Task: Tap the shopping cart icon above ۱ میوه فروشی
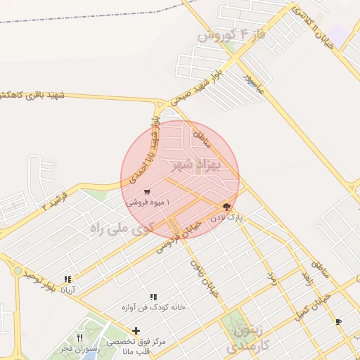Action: [146, 191]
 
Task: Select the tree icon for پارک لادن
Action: [226, 207]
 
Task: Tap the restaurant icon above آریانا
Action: [68, 278]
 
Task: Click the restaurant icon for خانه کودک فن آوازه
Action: [153, 297]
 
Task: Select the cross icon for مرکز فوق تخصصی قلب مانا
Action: [136, 330]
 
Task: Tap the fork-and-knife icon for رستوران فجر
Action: [79, 338]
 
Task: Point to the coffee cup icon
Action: [338, 321]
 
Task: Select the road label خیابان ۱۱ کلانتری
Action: [312, 25]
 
